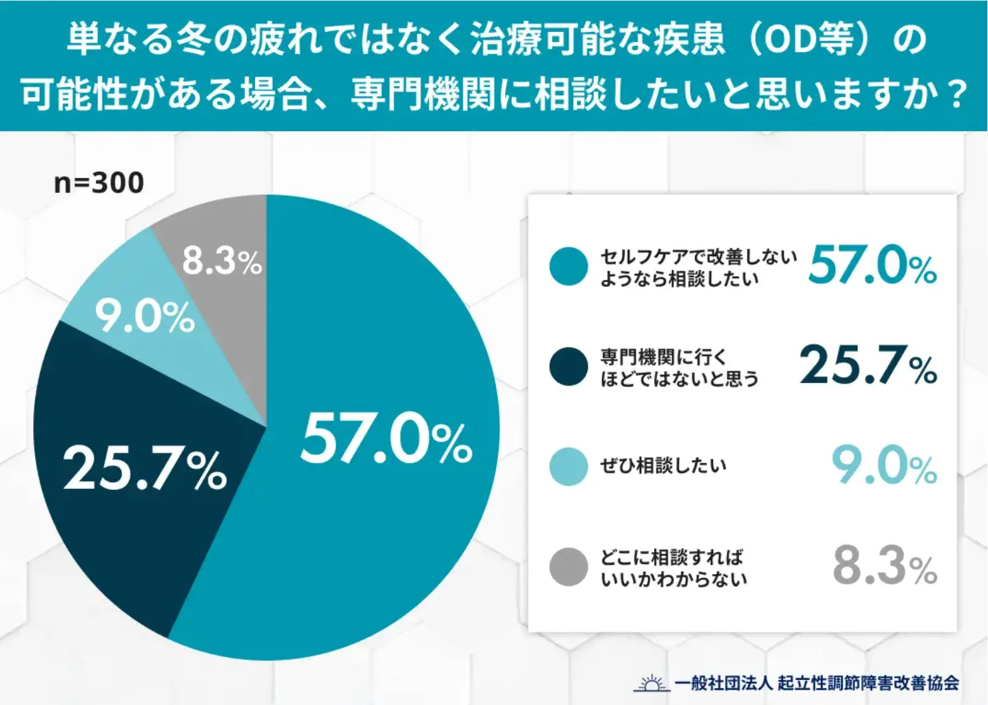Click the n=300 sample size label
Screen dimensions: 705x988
[x=99, y=183]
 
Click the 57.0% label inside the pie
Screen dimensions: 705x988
[x=386, y=439]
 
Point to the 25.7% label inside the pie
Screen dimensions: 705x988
[x=145, y=468]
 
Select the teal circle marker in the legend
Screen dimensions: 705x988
[x=569, y=267]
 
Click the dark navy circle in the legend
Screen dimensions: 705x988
[x=569, y=366]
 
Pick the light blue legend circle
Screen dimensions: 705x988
[x=569, y=466]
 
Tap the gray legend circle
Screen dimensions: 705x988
[x=569, y=567]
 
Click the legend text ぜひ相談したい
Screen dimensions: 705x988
[x=663, y=466]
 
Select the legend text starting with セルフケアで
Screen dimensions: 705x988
[x=698, y=267]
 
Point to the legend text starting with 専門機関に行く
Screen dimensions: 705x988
[x=679, y=367]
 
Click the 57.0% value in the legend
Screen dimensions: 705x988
[x=872, y=265]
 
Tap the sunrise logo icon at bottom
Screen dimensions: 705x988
[x=650, y=683]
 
